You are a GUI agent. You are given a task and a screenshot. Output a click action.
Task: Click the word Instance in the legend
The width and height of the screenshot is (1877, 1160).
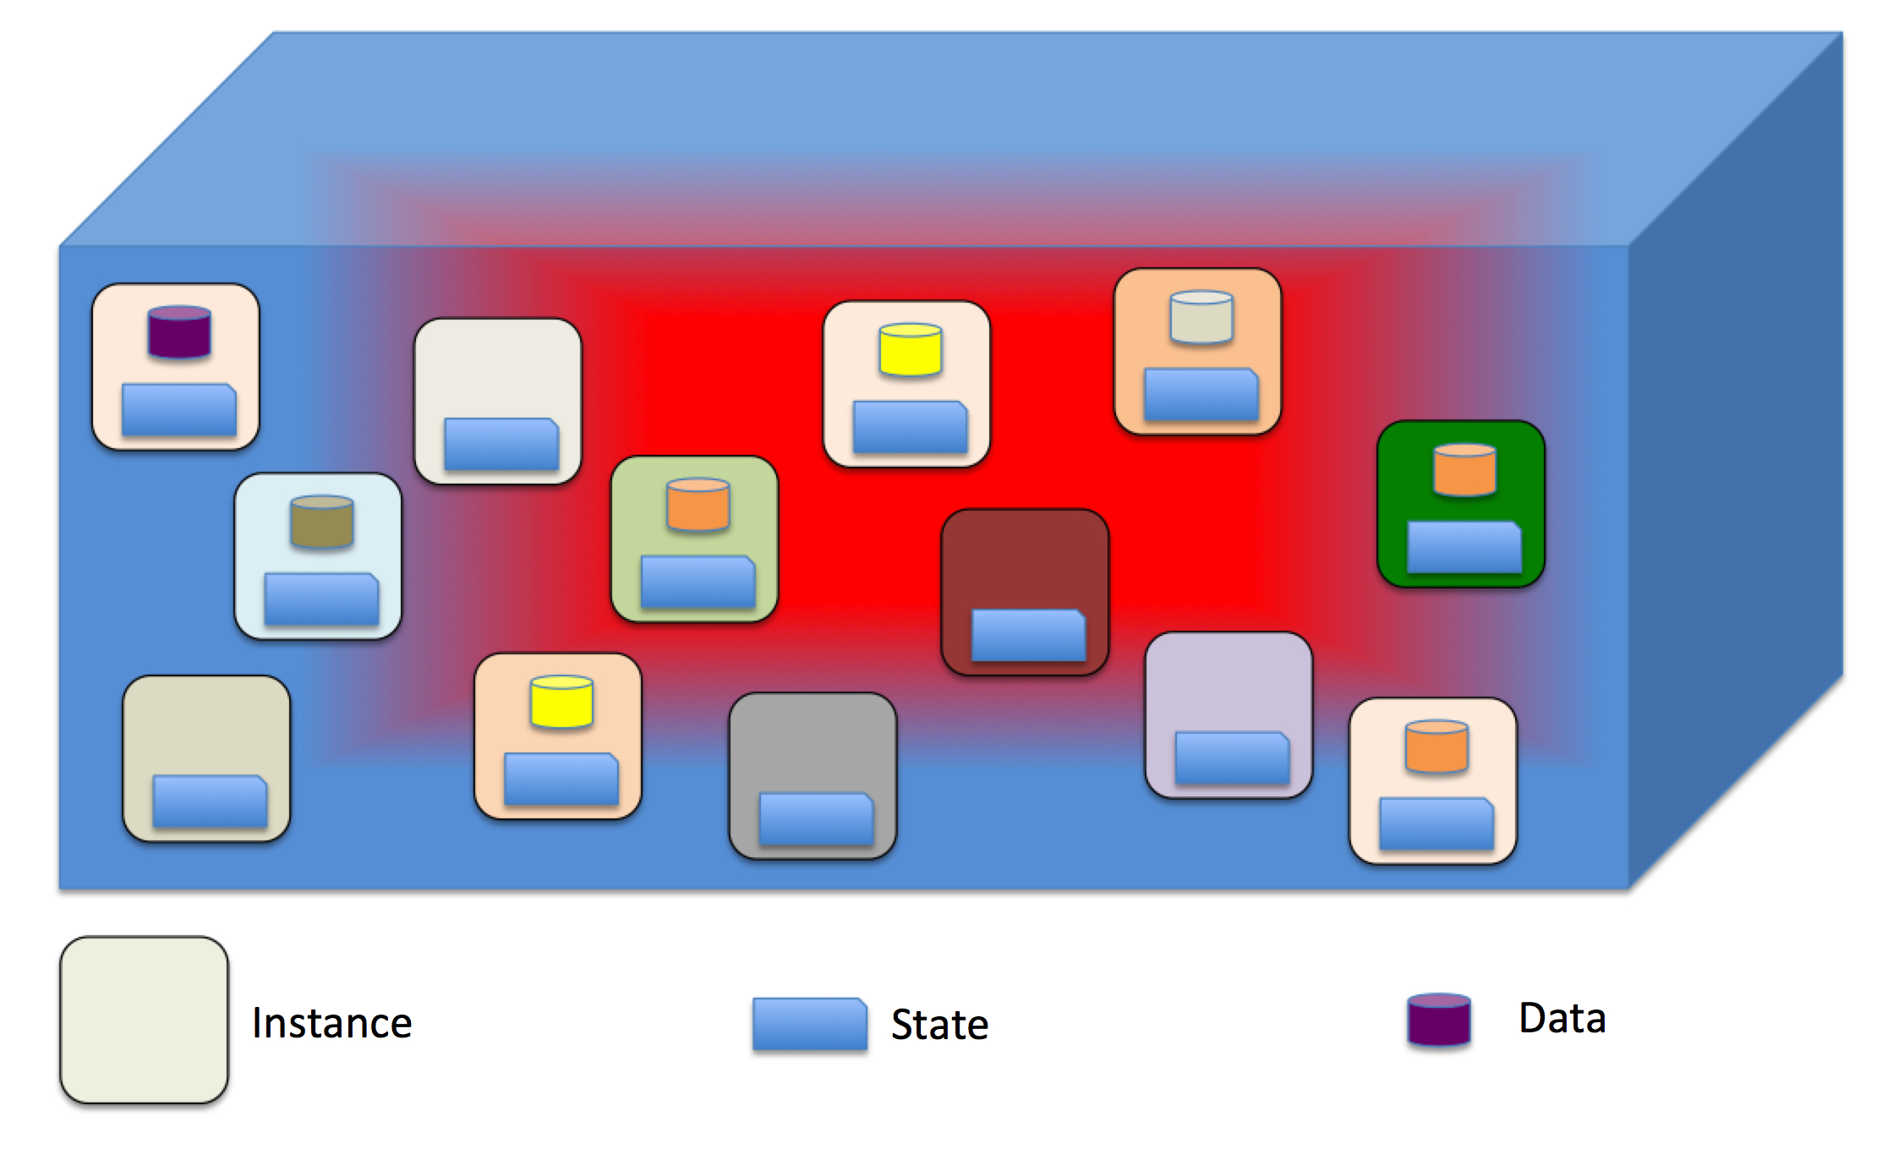coord(331,1022)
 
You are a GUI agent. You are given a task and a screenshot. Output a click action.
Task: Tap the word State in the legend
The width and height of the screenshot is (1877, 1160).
coord(939,1024)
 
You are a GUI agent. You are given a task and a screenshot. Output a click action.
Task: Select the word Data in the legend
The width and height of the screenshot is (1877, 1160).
coord(1562,1017)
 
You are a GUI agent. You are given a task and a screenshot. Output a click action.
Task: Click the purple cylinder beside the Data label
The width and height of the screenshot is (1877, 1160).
coord(1439,1020)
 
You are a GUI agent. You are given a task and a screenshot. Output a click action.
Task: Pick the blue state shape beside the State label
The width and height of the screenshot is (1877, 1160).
coord(810,1024)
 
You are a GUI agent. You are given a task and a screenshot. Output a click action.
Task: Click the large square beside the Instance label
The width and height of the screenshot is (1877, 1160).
coord(144,1020)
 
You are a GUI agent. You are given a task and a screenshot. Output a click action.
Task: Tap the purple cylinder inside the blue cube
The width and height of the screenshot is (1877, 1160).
coord(179,331)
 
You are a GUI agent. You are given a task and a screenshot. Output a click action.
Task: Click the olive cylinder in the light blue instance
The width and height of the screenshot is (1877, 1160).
coord(322,521)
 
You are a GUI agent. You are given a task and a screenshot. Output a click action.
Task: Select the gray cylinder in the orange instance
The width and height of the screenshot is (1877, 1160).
coord(1201,317)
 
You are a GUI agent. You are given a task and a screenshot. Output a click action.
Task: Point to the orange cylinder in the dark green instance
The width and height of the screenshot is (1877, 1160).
coord(1465,469)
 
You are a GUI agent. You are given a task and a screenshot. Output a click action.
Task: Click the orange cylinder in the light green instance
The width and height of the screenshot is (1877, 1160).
coord(698,505)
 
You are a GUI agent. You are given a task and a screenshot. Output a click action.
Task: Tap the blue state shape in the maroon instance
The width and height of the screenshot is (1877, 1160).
coord(1028,635)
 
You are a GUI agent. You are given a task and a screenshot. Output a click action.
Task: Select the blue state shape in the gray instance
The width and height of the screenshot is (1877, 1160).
coord(816,818)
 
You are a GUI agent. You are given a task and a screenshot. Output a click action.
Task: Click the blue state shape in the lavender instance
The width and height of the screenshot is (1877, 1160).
coord(1232,758)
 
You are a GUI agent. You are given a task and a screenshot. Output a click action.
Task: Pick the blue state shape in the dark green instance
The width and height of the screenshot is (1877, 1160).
coord(1464,547)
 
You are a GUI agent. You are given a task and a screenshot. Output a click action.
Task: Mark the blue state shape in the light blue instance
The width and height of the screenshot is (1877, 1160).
coord(321,599)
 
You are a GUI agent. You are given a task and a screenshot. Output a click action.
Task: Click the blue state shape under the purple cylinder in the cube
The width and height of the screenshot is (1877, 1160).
coord(178,409)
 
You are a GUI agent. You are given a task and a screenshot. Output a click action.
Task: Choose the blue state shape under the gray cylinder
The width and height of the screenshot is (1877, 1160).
coord(1201,394)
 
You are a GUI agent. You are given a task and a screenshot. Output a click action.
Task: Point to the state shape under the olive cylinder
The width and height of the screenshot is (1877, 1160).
coord(321,599)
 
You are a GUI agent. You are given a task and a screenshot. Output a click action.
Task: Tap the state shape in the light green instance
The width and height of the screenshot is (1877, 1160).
coord(698,582)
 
